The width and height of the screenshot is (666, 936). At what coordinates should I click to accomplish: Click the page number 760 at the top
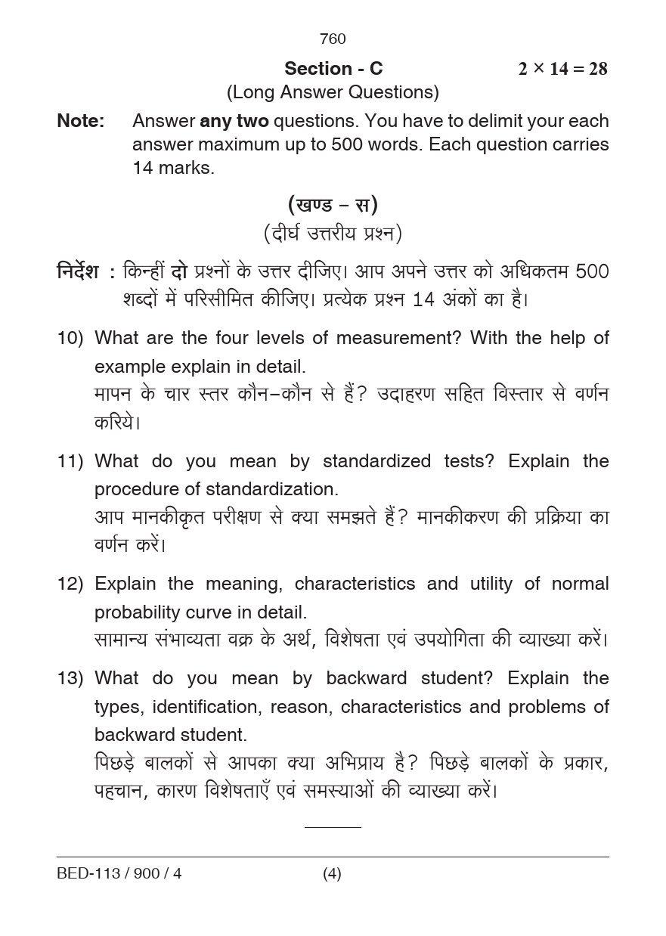(333, 39)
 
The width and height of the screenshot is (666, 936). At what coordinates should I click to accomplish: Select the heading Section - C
(333, 69)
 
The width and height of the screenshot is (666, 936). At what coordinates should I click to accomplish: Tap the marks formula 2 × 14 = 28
(562, 69)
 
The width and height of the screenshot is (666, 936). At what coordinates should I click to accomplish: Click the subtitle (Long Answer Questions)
(333, 92)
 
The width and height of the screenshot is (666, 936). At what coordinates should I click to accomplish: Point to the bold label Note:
(81, 121)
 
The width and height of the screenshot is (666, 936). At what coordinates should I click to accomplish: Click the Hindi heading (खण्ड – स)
(333, 204)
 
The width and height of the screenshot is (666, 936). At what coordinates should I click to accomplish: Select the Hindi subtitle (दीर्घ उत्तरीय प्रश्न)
(333, 234)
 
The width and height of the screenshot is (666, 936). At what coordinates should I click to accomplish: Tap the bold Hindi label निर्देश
(78, 271)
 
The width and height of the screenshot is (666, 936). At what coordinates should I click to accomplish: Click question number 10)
(70, 338)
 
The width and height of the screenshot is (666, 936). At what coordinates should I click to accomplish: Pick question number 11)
(70, 461)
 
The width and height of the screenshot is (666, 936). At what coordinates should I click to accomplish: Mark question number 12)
(70, 584)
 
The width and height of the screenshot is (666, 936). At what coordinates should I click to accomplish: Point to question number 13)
(70, 678)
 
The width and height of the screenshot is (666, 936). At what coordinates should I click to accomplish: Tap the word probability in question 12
(144, 612)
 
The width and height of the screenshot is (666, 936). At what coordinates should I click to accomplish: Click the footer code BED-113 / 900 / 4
(119, 874)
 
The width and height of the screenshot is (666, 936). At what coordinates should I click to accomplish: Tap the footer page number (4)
(332, 874)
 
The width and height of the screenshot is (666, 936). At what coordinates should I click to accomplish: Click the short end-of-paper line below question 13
(333, 827)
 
